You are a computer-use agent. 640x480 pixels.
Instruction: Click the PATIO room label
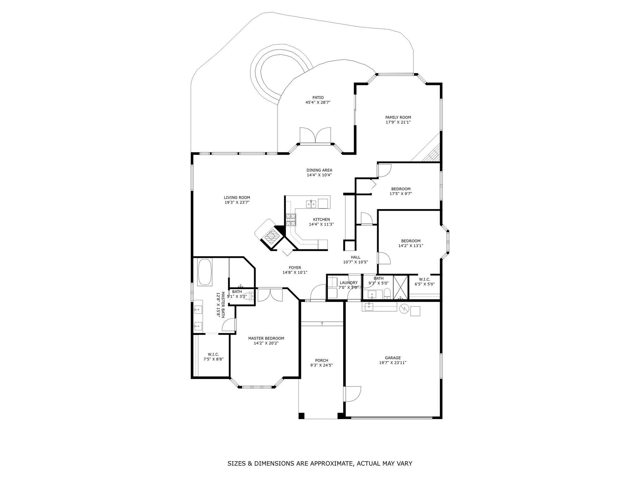[x=318, y=97]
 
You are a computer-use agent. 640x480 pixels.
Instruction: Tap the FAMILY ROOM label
[x=398, y=117]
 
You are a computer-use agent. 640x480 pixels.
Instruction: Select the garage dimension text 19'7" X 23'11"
[x=393, y=363]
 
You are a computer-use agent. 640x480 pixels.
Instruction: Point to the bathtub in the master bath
[x=205, y=272]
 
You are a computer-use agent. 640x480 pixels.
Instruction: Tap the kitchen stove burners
[x=291, y=219]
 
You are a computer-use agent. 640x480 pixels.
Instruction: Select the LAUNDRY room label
[x=348, y=283]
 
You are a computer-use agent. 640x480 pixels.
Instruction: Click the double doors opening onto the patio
[x=315, y=135]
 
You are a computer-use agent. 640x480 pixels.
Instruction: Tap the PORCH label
[x=322, y=360]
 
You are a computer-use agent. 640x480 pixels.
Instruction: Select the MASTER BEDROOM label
[x=266, y=338]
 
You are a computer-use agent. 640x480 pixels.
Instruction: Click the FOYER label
[x=295, y=267]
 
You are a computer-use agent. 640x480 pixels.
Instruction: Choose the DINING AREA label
[x=319, y=170]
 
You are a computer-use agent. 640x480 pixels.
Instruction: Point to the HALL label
[x=355, y=257]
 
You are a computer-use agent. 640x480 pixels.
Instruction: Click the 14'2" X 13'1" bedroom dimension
[x=411, y=246]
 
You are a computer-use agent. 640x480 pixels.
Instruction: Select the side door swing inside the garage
[x=353, y=394]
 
